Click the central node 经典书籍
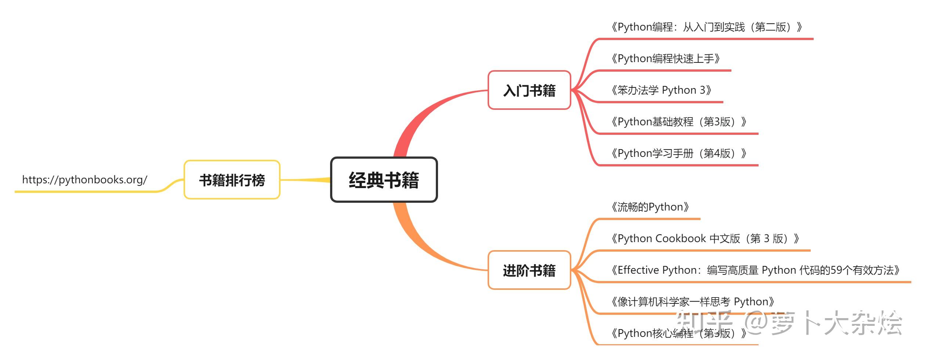[x=384, y=180]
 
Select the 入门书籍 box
[x=529, y=90]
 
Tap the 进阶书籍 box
[x=529, y=270]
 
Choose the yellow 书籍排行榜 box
[x=232, y=180]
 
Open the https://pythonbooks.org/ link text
[x=84, y=180]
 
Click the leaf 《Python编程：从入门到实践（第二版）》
[x=706, y=27]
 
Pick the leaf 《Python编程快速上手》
[x=665, y=58]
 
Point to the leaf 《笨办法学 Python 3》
[x=661, y=90]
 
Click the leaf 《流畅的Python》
[x=649, y=207]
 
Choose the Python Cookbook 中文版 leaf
[x=704, y=238]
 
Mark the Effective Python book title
[x=755, y=270]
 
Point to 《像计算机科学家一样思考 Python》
[x=692, y=302]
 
